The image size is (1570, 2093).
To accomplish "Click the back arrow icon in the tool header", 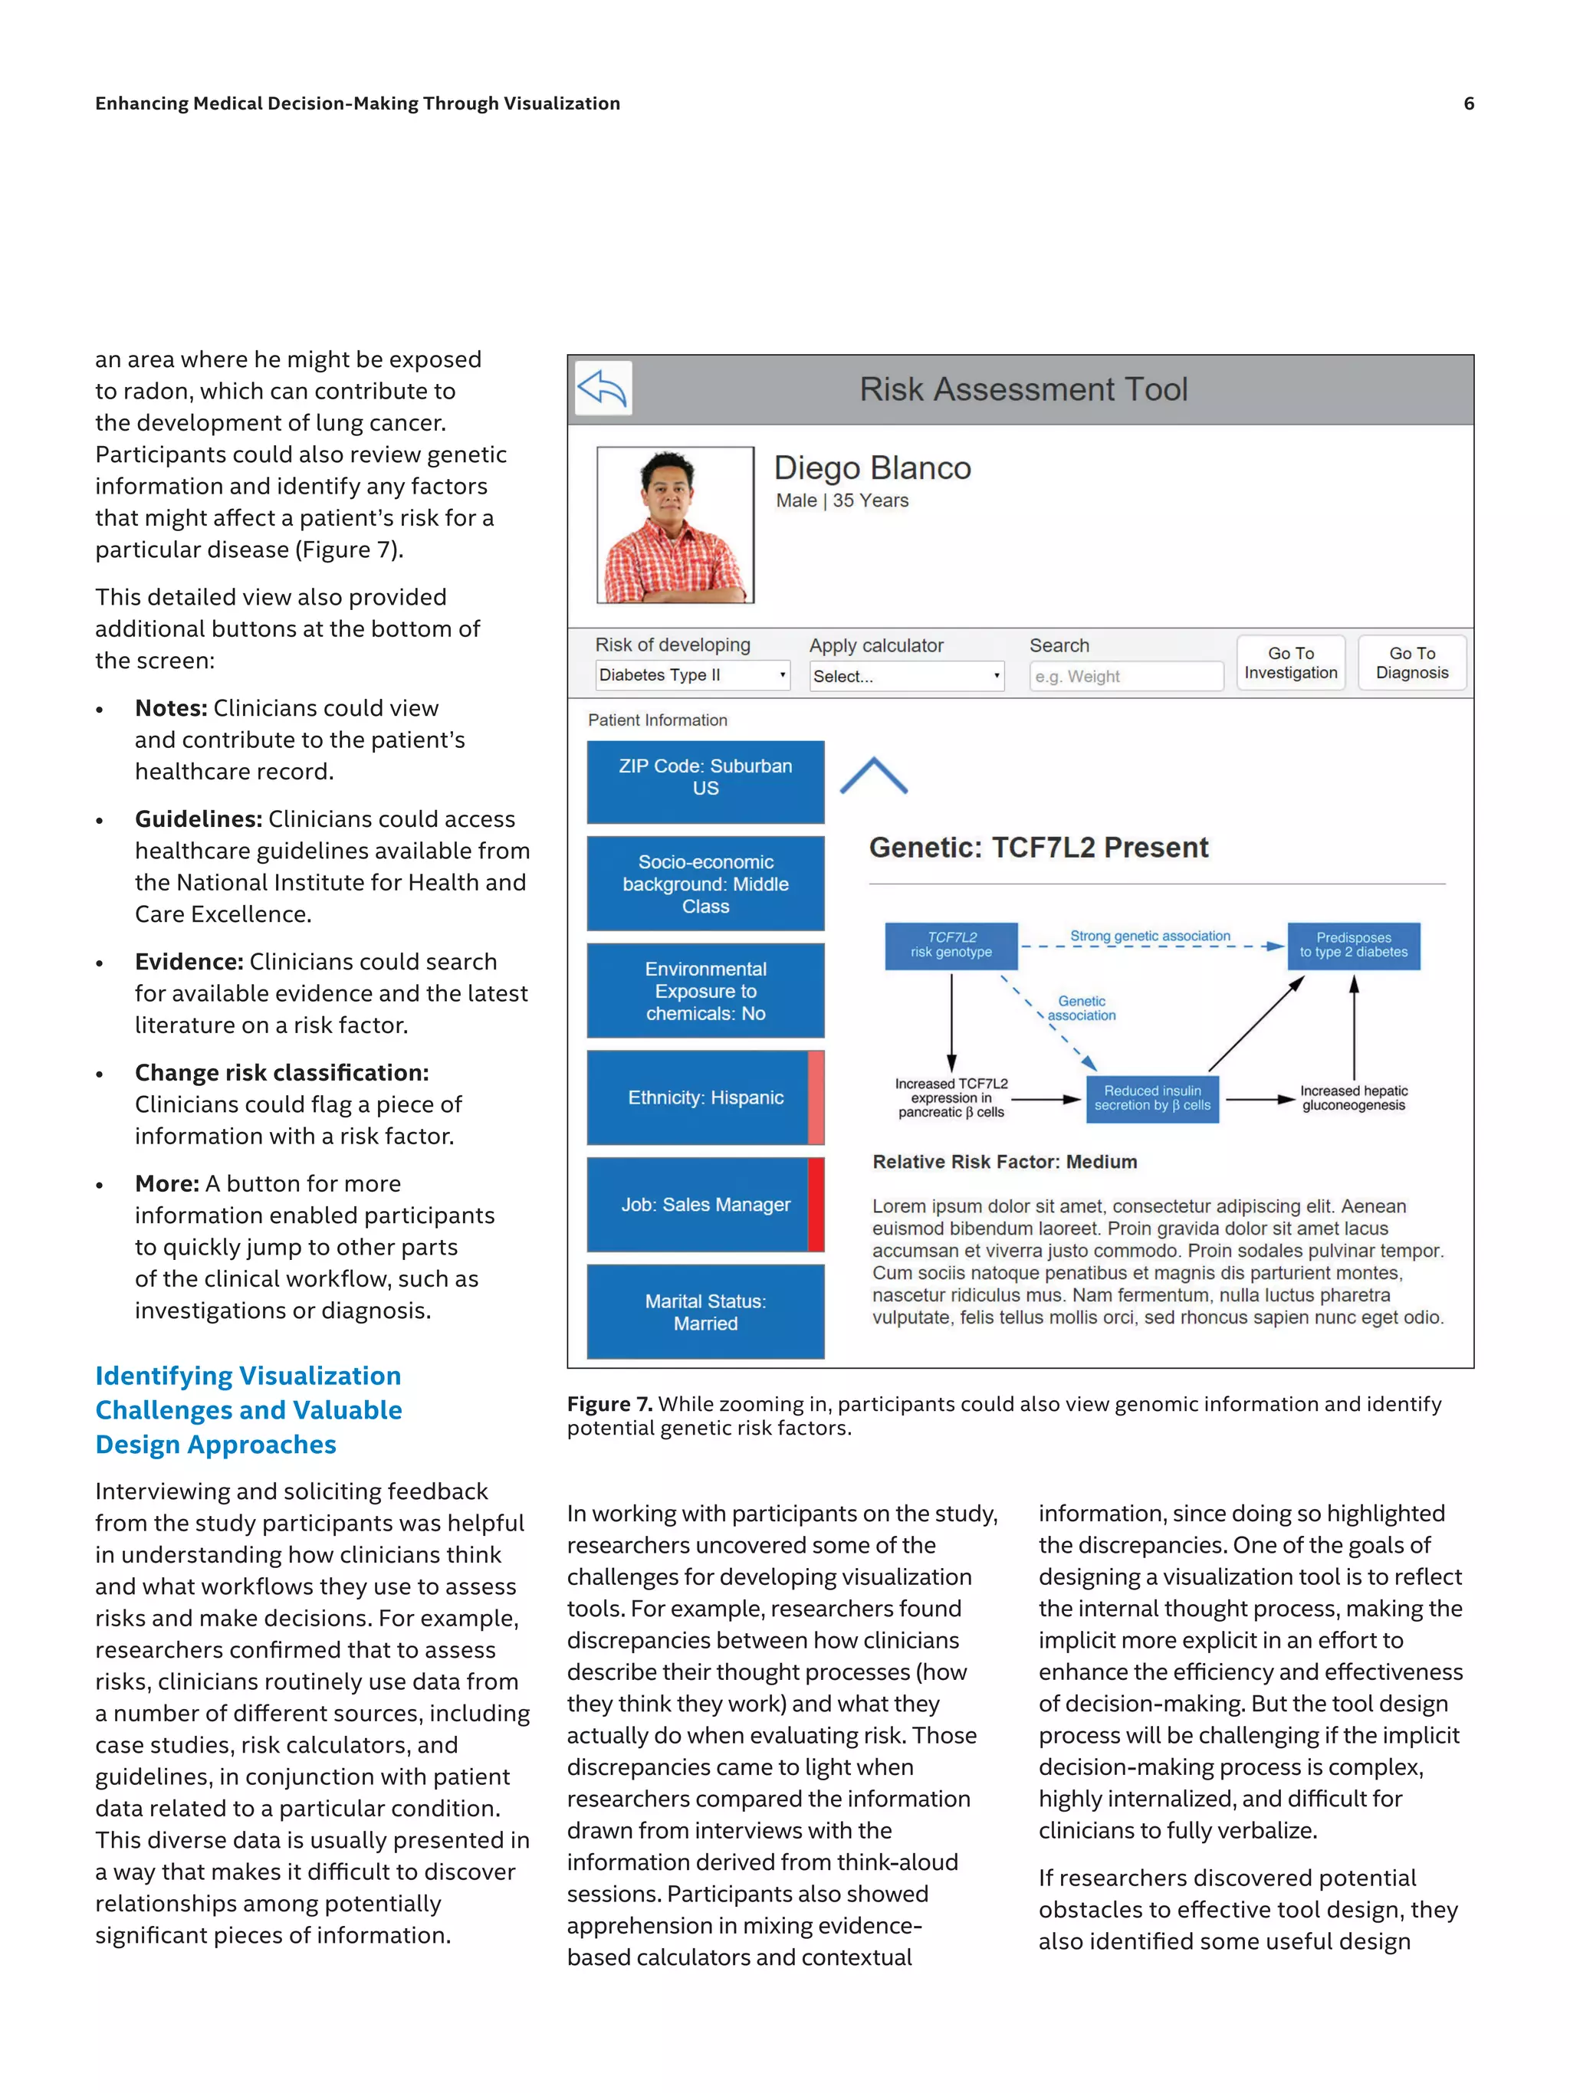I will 603,389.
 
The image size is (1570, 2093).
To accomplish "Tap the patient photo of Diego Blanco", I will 675,525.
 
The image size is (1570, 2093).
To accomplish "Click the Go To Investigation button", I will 1290,662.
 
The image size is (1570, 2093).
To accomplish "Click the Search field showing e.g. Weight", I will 1125,677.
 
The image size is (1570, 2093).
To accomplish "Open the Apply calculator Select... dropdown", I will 905,677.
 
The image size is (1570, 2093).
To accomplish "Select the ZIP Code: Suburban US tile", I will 705,782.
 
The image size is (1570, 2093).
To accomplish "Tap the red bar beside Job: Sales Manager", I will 816,1205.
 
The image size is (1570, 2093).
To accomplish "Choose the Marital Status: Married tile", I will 705,1311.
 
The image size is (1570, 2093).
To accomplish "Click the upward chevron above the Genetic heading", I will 873,776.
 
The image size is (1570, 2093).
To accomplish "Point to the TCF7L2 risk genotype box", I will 951,945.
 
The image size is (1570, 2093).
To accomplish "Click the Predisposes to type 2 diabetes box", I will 1353,945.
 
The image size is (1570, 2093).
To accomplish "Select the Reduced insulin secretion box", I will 1151,1097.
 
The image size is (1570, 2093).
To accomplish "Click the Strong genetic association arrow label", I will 1150,936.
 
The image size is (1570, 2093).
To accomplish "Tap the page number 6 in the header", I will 1469,103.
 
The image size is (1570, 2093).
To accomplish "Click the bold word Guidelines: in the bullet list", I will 198,819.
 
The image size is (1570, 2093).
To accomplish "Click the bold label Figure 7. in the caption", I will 609,1404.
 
